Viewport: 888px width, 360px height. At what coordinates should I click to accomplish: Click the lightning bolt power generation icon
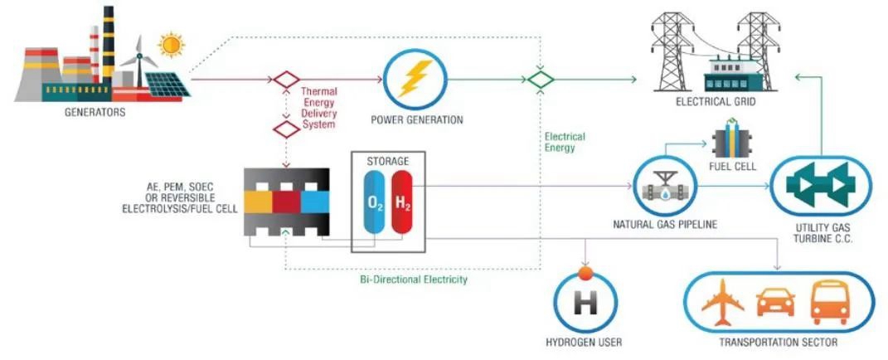coord(412,80)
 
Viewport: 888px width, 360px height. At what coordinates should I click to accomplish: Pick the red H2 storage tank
coord(401,202)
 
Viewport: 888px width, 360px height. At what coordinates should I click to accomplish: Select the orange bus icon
coord(829,302)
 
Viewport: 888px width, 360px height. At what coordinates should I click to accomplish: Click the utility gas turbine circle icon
coord(821,185)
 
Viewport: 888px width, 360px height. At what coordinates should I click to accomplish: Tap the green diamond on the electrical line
coord(541,80)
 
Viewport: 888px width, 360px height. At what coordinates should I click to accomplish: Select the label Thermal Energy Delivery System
coord(318,108)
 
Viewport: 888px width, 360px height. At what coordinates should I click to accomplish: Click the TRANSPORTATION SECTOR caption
coord(777,342)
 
